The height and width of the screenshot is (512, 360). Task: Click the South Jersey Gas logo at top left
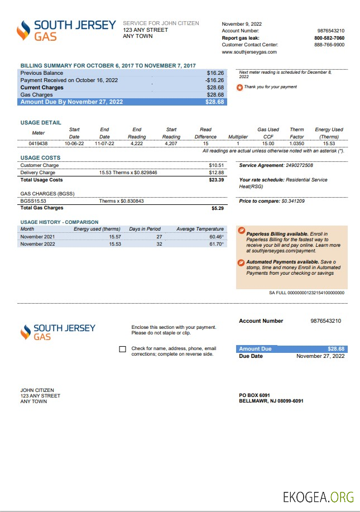click(x=66, y=30)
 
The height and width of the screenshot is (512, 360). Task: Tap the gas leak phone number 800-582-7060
click(x=329, y=38)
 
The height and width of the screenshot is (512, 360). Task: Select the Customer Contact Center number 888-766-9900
click(x=329, y=45)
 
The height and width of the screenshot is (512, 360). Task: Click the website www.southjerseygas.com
click(x=249, y=52)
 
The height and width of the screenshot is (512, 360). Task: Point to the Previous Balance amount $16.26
click(x=215, y=73)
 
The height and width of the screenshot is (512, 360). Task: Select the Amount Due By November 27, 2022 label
click(x=71, y=102)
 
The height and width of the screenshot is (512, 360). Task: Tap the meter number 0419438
click(x=38, y=143)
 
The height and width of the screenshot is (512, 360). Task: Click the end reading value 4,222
click(x=137, y=143)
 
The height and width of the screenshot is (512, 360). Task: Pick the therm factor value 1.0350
click(x=296, y=143)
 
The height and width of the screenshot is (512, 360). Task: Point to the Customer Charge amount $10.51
click(x=216, y=166)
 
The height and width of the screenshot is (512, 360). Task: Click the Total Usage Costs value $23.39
click(x=216, y=180)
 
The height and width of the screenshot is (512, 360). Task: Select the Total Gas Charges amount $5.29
click(x=217, y=208)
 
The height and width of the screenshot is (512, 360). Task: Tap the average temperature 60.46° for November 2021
click(x=216, y=237)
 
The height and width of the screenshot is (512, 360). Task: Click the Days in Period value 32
click(x=159, y=244)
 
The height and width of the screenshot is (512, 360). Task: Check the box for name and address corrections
click(x=123, y=350)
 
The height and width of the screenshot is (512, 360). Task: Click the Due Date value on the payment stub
click(x=320, y=356)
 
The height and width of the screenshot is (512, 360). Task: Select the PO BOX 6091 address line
click(x=254, y=395)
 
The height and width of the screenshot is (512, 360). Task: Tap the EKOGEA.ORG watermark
click(x=318, y=496)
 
